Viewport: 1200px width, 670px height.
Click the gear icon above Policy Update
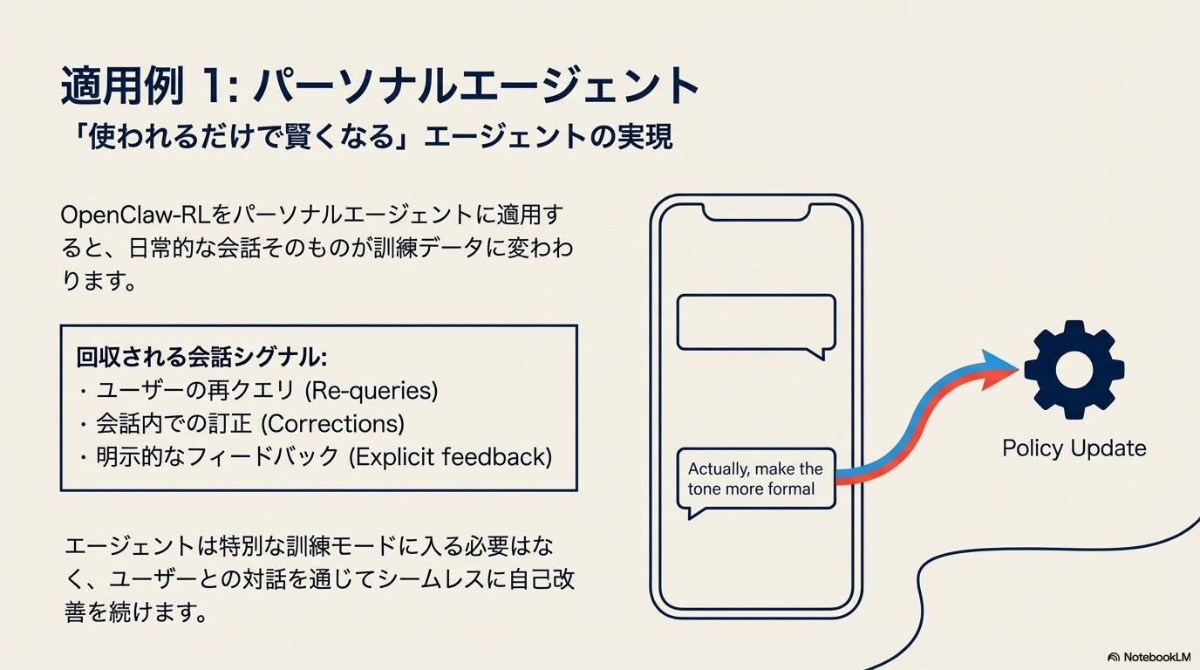click(x=1074, y=370)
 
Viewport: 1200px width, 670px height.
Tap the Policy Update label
click(x=1074, y=448)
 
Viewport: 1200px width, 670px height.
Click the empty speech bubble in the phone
click(x=756, y=323)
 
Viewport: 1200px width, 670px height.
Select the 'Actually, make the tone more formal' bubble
click(x=756, y=479)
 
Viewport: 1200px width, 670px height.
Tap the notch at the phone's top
click(x=756, y=214)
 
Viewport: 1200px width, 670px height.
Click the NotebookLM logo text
click(x=1157, y=657)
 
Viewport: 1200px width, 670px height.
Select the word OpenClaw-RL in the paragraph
click(x=135, y=215)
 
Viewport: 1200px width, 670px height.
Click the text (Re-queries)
click(x=372, y=391)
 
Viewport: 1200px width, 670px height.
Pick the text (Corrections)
click(x=332, y=424)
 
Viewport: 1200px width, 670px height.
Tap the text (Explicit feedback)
click(x=451, y=457)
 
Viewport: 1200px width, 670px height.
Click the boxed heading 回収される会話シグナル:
click(x=201, y=358)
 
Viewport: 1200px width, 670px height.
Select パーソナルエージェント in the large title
click(x=476, y=85)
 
